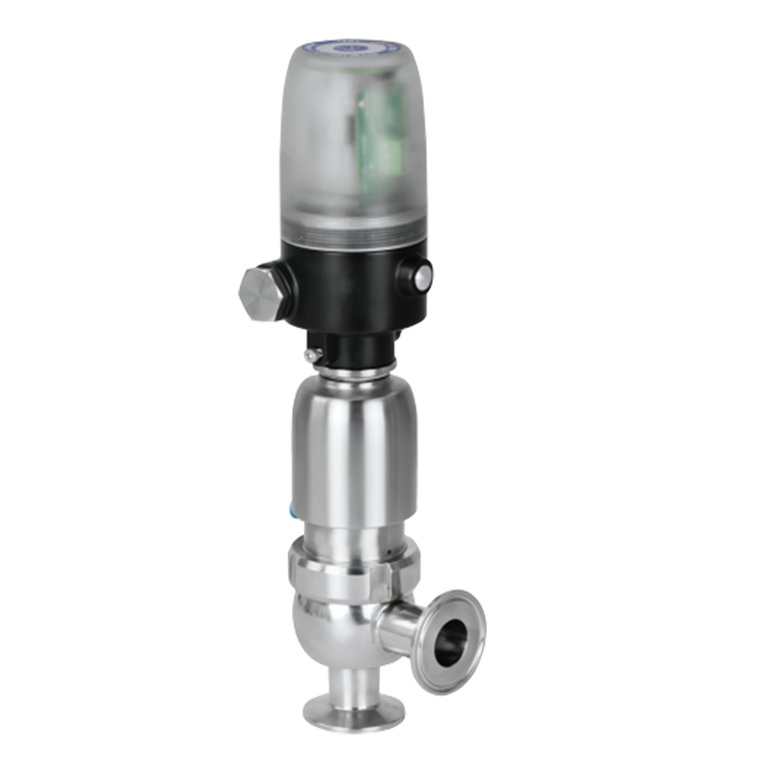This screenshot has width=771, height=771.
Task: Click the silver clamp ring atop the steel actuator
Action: (352, 367)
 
